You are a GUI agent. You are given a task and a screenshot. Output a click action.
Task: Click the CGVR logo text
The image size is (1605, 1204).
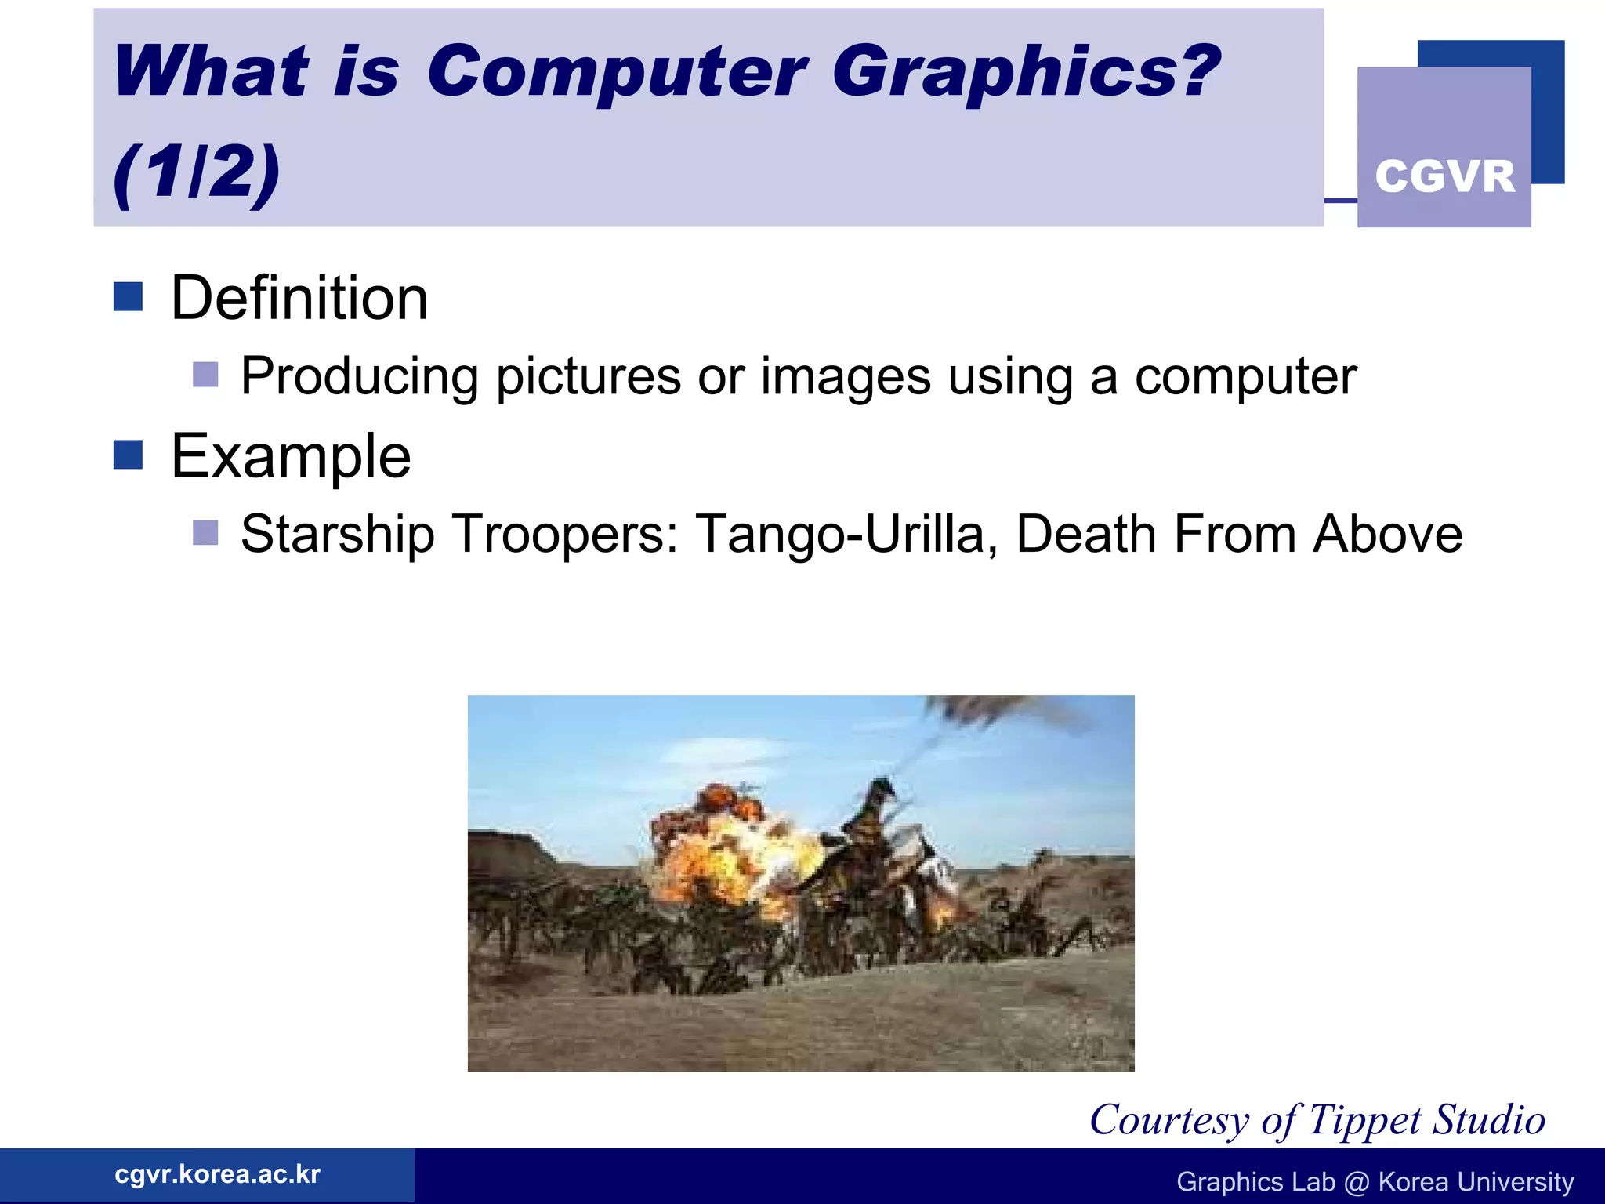point(1444,176)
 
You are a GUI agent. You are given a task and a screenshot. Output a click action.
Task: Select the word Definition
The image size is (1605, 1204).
point(299,299)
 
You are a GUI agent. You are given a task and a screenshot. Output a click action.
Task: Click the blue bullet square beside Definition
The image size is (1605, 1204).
point(128,297)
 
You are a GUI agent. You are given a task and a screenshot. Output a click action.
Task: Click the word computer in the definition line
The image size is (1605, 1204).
point(1245,377)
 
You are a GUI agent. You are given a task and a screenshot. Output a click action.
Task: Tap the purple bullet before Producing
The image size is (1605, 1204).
point(205,375)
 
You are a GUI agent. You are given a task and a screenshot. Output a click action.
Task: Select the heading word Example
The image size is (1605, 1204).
point(291,456)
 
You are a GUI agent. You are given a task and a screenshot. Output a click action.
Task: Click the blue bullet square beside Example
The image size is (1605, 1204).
point(128,455)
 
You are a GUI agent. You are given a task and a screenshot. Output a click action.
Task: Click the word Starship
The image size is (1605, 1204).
point(337,535)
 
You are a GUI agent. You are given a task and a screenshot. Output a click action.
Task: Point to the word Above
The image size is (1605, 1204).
point(1387,535)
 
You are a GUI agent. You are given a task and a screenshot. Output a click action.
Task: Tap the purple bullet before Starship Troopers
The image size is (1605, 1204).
point(205,533)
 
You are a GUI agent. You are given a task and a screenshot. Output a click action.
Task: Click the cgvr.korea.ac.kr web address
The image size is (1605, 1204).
point(217,1174)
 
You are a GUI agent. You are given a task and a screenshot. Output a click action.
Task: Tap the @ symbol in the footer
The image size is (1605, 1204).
point(1357,1182)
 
